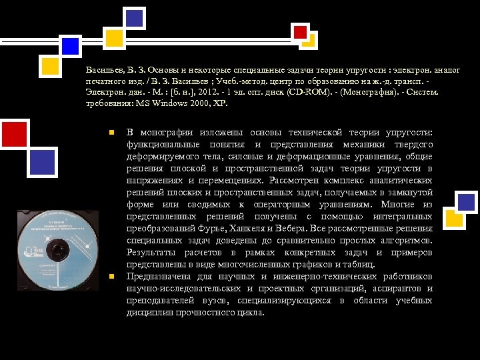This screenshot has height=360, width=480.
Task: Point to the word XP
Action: coord(220,103)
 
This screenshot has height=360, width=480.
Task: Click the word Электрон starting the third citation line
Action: coord(106,93)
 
